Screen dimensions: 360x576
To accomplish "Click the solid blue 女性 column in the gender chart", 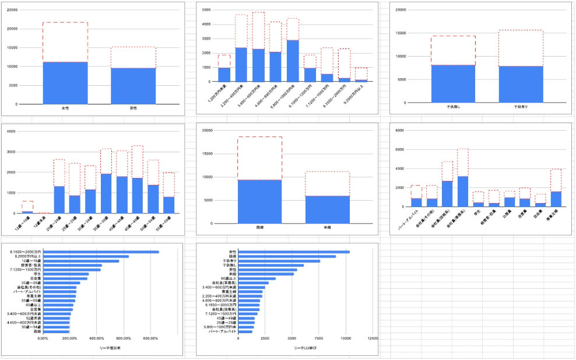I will pyautogui.click(x=65, y=83).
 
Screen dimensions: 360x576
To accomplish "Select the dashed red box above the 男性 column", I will pyautogui.click(x=134, y=57).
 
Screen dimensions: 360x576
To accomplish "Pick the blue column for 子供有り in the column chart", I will pyautogui.click(x=521, y=85).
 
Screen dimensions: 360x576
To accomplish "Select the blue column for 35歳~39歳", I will pyautogui.click(x=106, y=193).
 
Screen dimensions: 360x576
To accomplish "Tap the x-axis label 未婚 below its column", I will pyautogui.click(x=328, y=227).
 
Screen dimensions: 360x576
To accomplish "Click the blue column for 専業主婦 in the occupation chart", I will pyautogui.click(x=556, y=199).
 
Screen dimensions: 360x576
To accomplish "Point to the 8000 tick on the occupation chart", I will pyautogui.click(x=399, y=131).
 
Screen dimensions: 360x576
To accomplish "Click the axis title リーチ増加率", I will pyautogui.click(x=109, y=348).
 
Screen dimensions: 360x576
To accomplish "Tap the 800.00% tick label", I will pyautogui.click(x=150, y=338).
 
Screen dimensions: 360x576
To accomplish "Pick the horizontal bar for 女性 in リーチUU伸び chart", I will pyautogui.click(x=294, y=252).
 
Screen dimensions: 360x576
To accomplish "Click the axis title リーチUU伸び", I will pyautogui.click(x=305, y=348).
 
